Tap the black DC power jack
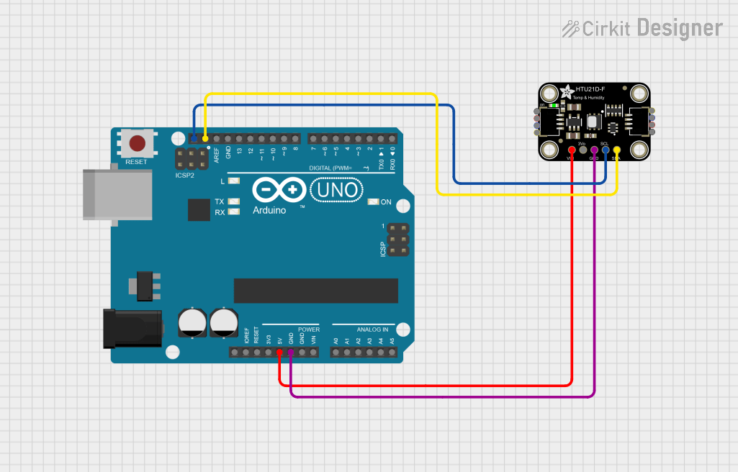pyautogui.click(x=134, y=327)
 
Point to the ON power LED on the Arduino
pyautogui.click(x=372, y=202)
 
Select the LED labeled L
pyautogui.click(x=233, y=181)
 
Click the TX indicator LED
pyautogui.click(x=233, y=201)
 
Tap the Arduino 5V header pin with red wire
pyautogui.click(x=279, y=353)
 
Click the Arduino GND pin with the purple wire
pyautogui.click(x=290, y=353)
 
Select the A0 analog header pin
pyautogui.click(x=336, y=353)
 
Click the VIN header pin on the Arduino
pyautogui.click(x=313, y=353)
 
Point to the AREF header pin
pyautogui.click(x=217, y=138)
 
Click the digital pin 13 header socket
pyautogui.click(x=240, y=138)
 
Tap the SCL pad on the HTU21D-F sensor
pyautogui.click(x=606, y=150)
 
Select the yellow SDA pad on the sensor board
pyautogui.click(x=616, y=150)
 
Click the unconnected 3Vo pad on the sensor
pyautogui.click(x=582, y=150)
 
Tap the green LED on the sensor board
pyautogui.click(x=553, y=105)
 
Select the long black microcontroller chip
pyautogui.click(x=315, y=290)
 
